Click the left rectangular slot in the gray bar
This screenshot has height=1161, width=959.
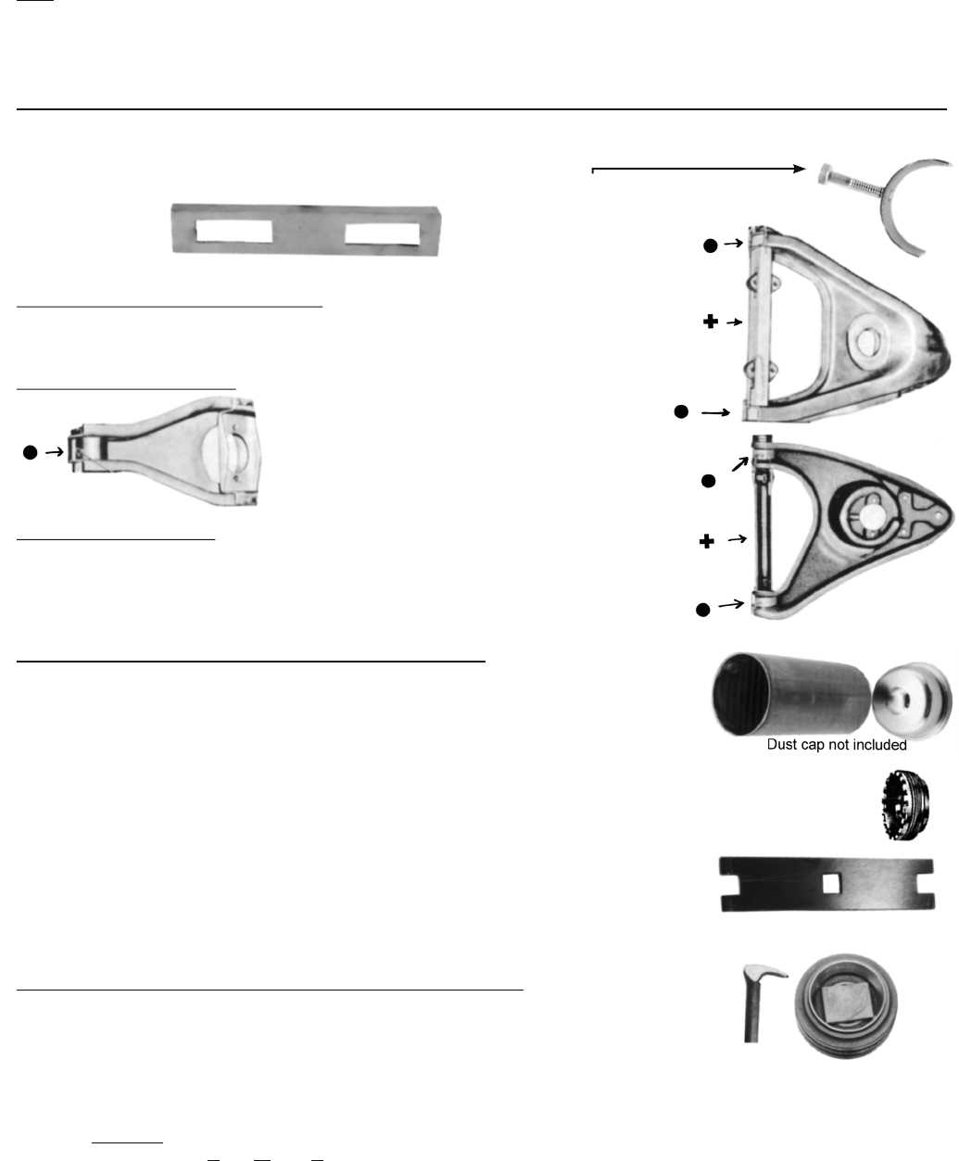234,231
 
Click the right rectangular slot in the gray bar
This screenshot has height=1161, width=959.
382,234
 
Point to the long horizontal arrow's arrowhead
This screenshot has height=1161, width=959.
800,168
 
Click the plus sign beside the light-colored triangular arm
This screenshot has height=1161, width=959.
710,322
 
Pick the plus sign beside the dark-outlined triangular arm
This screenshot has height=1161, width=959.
706,541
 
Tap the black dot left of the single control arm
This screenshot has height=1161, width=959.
30,452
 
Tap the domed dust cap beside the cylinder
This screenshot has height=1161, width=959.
912,700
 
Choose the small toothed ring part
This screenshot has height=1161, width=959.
905,804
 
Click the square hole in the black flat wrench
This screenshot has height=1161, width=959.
830,884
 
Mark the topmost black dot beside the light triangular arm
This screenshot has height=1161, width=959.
710,246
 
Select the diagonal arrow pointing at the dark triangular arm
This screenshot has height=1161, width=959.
740,464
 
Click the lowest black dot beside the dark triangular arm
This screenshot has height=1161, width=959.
702,610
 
